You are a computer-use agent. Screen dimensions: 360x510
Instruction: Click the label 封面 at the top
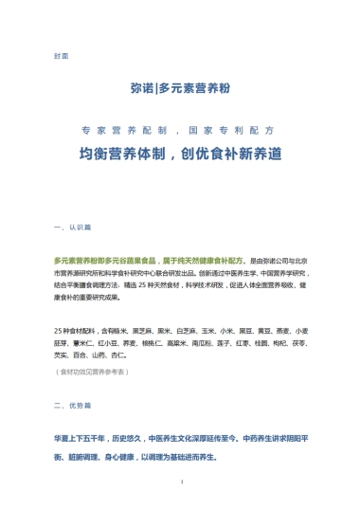62,56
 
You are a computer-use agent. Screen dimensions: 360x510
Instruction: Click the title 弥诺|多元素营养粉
180,88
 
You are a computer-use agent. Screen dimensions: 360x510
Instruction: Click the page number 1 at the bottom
180,483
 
